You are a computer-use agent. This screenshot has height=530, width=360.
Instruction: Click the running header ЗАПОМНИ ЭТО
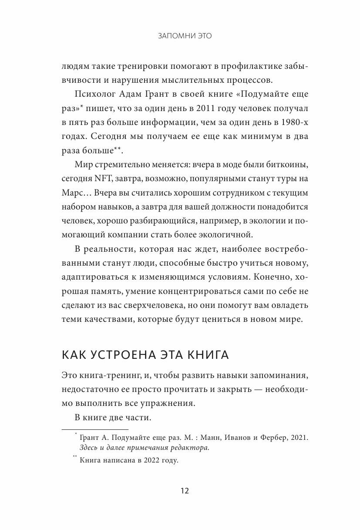pyautogui.click(x=185, y=36)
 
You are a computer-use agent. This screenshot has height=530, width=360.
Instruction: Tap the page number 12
pyautogui.click(x=185, y=491)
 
